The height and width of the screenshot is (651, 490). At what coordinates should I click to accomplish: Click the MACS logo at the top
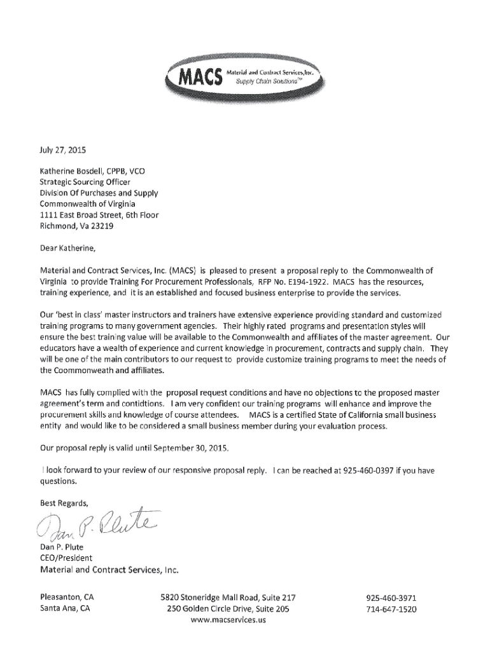point(245,78)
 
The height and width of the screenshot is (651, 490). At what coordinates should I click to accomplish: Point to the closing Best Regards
point(64,503)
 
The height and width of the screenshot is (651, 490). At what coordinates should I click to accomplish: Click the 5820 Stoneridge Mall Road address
point(228,598)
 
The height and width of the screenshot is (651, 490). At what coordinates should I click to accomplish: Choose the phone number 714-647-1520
point(391,609)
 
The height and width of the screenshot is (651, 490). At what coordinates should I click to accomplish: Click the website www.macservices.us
point(228,620)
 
